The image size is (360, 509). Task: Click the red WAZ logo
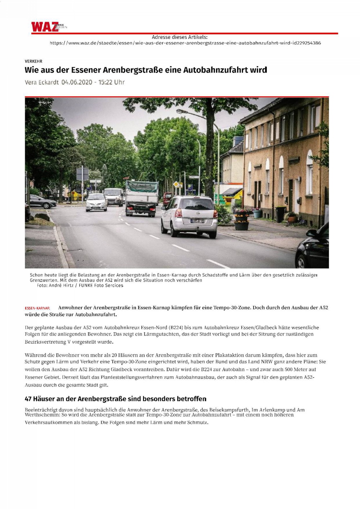(45, 27)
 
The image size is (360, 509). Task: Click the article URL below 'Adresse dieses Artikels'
(185, 43)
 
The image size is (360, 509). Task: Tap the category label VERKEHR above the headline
(33, 61)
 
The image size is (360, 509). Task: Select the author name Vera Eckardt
(41, 82)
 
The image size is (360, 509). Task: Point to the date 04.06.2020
(77, 82)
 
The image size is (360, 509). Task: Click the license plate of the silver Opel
(197, 221)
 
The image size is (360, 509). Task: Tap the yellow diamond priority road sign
(176, 184)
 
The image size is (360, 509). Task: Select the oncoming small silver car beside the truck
(96, 202)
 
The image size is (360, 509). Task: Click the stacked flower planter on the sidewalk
(241, 220)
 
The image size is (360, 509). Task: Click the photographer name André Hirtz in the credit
(61, 285)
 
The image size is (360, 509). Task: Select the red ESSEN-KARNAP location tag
(37, 308)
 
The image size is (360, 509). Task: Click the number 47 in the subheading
(28, 399)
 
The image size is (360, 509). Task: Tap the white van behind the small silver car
(114, 196)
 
